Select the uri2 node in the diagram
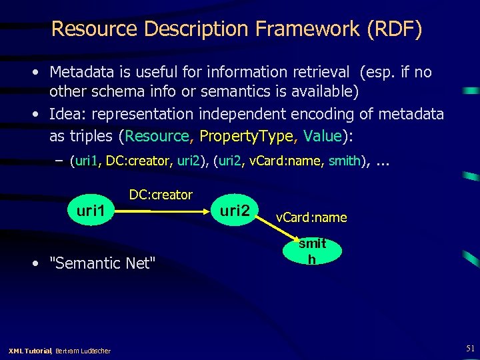point(235,211)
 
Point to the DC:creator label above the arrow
point(161,195)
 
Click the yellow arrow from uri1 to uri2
point(166,211)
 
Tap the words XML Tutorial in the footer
point(29,351)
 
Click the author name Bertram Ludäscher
point(83,351)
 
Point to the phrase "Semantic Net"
point(103,263)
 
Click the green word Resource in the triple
point(157,136)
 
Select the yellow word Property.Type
point(246,136)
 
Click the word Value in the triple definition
point(322,136)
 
